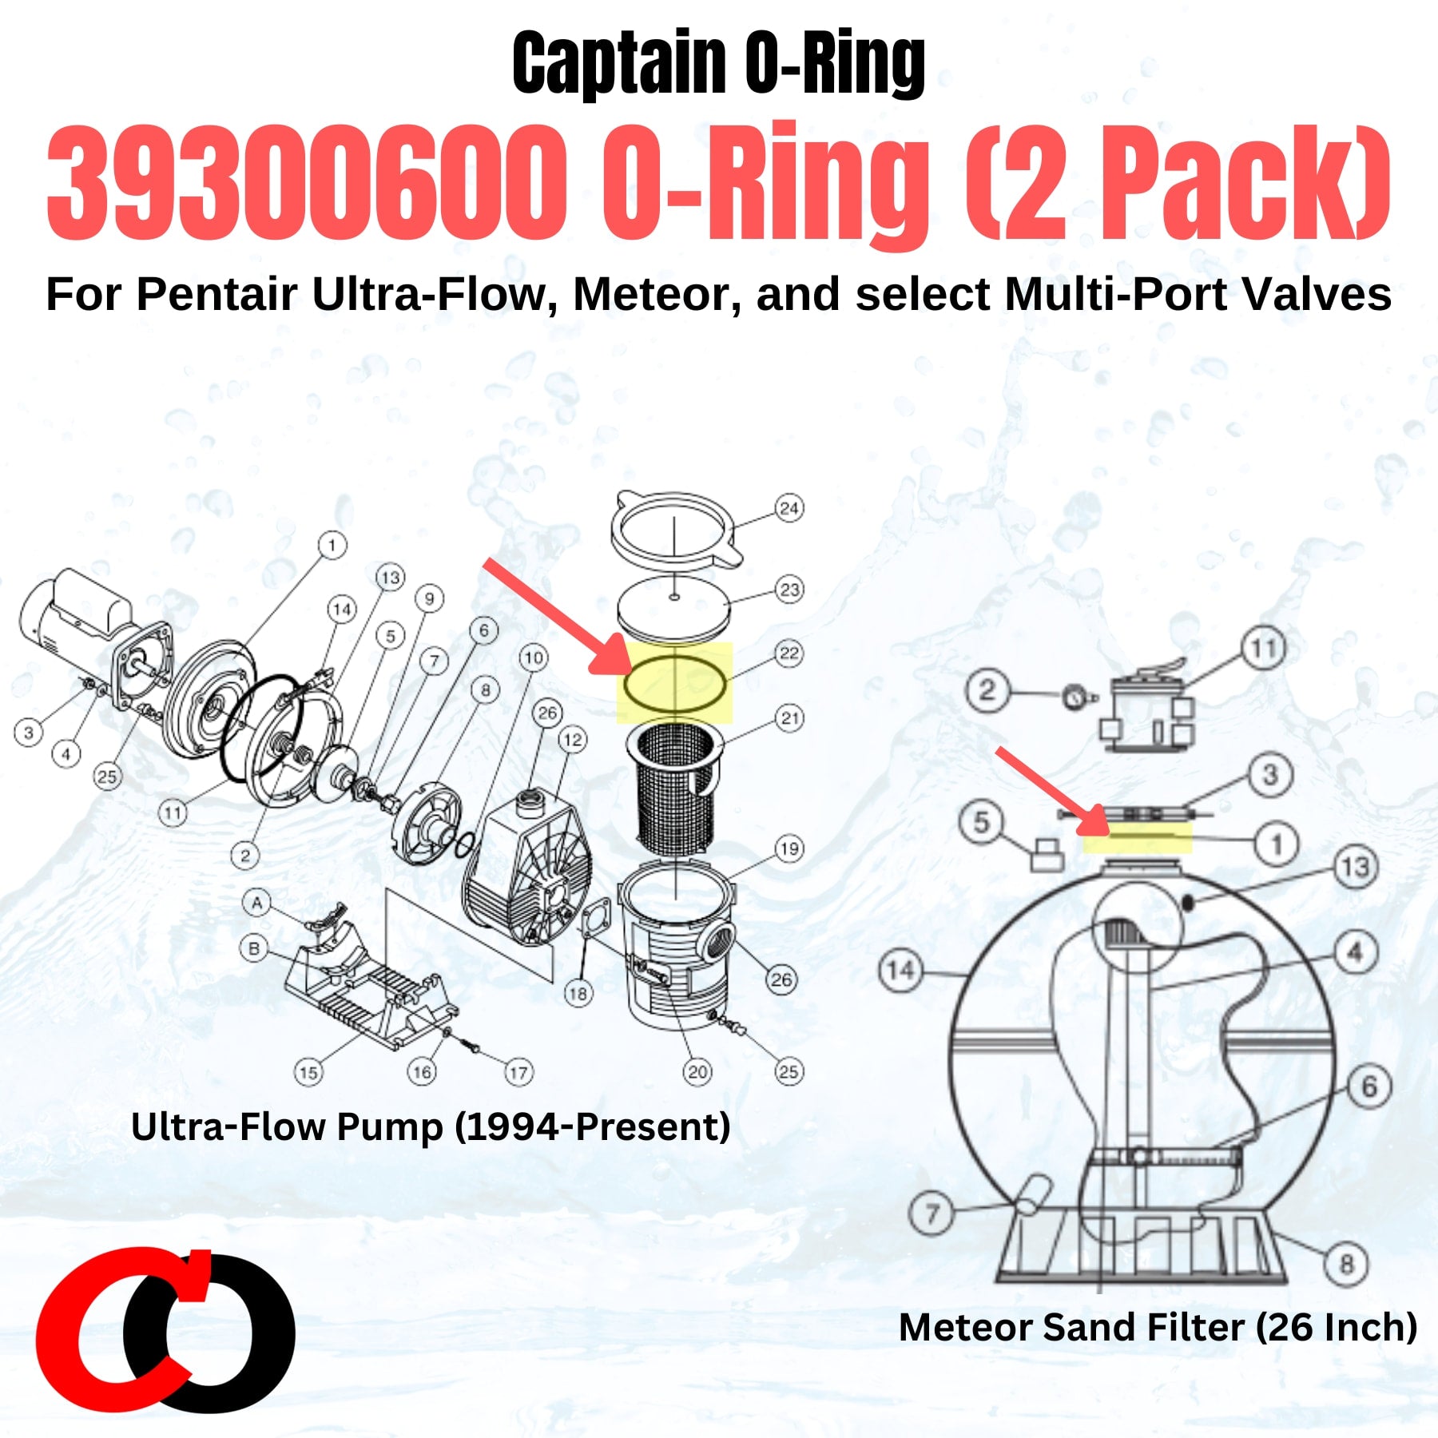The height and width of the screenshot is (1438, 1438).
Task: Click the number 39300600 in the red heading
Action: coord(306,182)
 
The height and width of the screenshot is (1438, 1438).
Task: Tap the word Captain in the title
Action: coord(620,64)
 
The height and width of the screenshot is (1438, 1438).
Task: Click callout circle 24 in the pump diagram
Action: coord(789,508)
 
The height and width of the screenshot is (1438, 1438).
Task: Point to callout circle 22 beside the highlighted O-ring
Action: coord(789,653)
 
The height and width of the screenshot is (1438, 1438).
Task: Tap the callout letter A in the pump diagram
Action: coord(257,903)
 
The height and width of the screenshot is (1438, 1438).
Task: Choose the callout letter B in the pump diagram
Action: coord(254,948)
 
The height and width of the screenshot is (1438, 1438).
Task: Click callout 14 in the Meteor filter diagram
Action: coord(900,971)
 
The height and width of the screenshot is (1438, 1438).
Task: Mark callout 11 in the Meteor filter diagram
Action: coord(1263,648)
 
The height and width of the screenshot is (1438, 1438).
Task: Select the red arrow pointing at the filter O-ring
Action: coord(1053,790)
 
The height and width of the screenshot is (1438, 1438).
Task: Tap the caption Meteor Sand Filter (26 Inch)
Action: coord(1158,1327)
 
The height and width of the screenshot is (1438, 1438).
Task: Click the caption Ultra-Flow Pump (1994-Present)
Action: coord(431,1127)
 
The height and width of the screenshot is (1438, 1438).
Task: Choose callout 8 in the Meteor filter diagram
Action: coord(1347,1265)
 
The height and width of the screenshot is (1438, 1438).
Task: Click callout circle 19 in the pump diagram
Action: coord(789,848)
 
